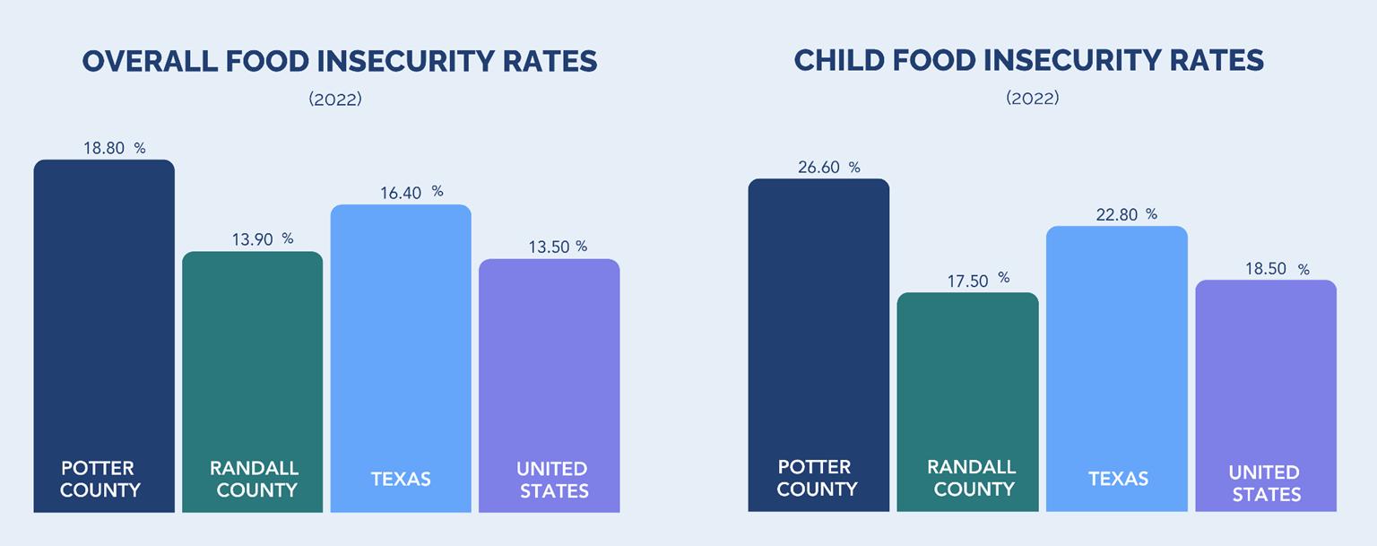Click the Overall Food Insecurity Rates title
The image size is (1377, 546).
point(340,61)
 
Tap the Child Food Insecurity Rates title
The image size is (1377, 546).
point(1029,60)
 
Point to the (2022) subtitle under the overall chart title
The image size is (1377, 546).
point(335,100)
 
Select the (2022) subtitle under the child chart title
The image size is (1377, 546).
point(1032,98)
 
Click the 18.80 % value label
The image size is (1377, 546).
point(114,149)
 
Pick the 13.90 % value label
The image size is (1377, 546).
point(262,239)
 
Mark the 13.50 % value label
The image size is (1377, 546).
point(558,247)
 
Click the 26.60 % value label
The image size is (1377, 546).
point(828,168)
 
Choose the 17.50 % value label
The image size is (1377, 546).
point(978,281)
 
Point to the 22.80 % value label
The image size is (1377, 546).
point(1126,215)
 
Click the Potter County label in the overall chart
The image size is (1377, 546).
point(100,479)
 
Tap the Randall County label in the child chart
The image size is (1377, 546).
point(971,478)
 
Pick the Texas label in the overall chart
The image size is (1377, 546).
point(401,479)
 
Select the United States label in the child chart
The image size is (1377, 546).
point(1264,482)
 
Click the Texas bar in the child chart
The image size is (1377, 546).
point(1117,359)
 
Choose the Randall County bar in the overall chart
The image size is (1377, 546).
point(252,359)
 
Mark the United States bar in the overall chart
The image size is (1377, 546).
point(549,368)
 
